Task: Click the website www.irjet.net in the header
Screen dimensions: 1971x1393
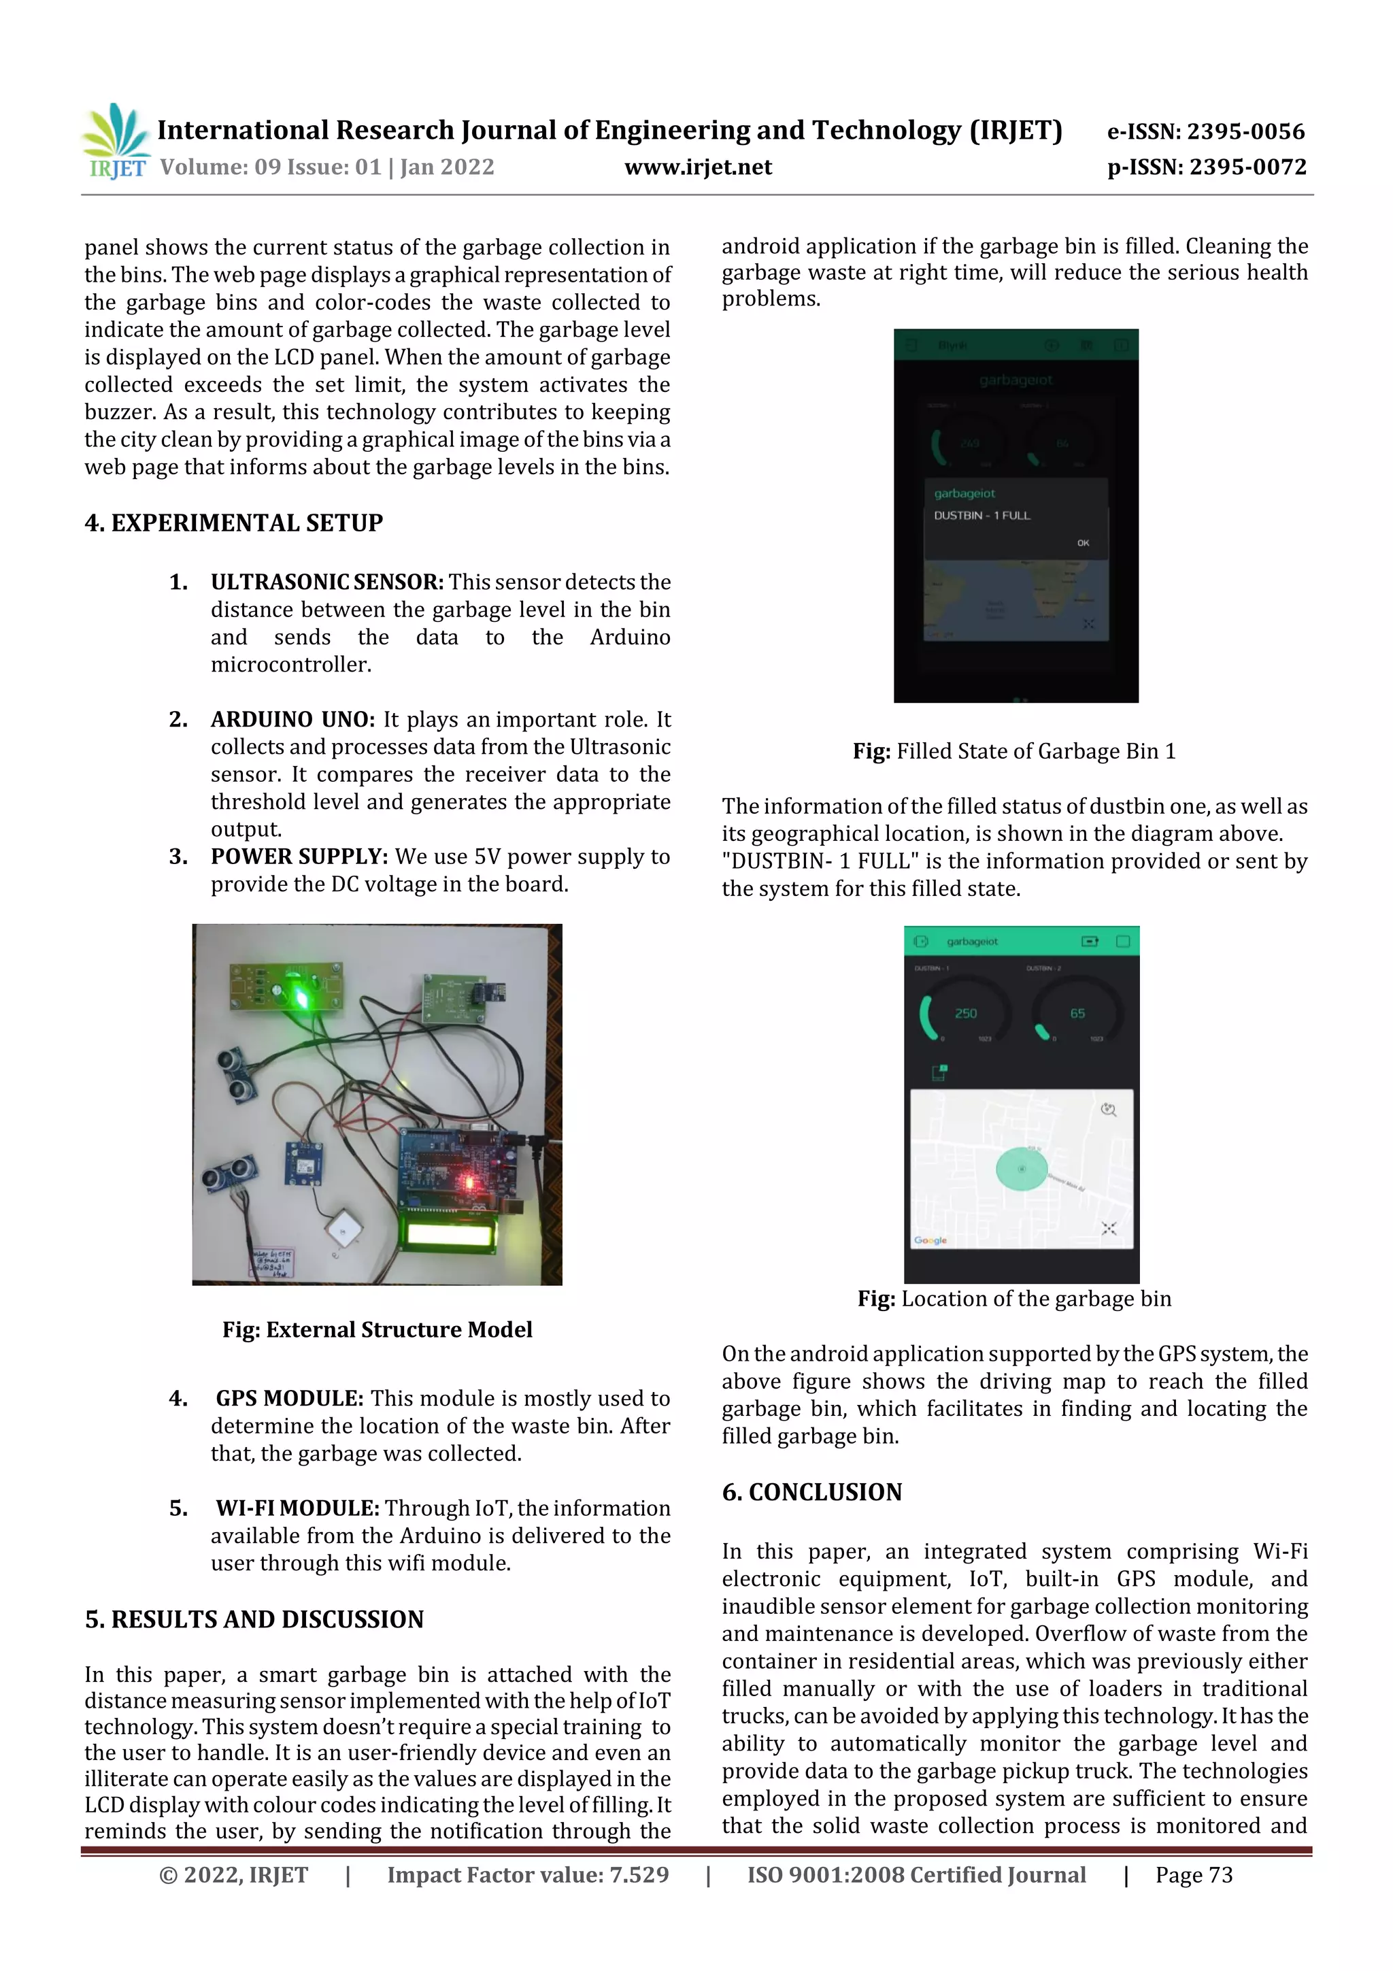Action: [698, 167]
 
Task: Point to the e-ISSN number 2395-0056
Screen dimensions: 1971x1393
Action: [1245, 131]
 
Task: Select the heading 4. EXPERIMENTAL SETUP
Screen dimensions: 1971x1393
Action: [233, 523]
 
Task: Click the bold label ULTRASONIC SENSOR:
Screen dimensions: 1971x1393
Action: [327, 582]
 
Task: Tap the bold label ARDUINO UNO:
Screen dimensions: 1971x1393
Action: [292, 719]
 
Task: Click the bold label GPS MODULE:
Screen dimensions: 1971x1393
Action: [289, 1398]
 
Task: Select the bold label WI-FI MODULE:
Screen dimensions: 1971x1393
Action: [297, 1508]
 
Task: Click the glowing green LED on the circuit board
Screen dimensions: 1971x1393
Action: [301, 996]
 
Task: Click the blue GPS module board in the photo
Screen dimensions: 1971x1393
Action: [305, 1164]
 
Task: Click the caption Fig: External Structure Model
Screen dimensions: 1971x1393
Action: [377, 1329]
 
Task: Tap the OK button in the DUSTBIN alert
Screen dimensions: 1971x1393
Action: [1082, 542]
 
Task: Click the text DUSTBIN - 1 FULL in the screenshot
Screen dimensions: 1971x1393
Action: [982, 515]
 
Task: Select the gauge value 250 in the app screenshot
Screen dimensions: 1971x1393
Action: [966, 1013]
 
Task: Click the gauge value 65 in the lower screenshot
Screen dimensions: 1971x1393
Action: [1077, 1013]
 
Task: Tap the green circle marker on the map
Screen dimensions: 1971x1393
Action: [1022, 1170]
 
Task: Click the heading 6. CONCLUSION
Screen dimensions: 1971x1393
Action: [812, 1492]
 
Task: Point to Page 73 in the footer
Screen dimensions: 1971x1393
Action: [1193, 1875]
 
